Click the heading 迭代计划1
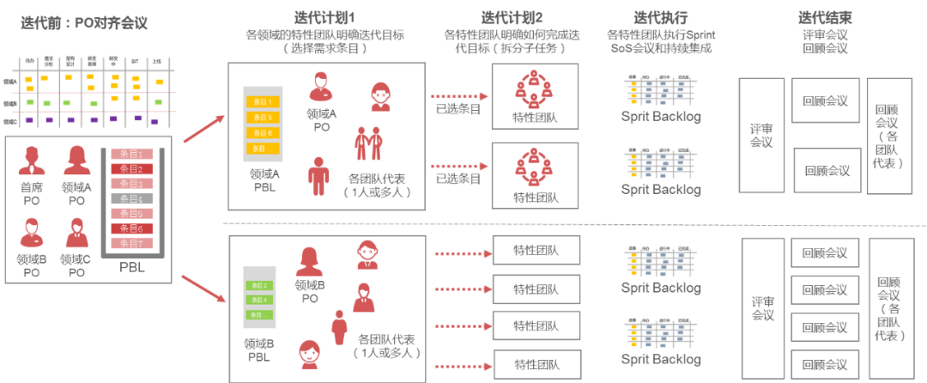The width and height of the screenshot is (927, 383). (325, 16)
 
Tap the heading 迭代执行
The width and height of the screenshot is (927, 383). (660, 16)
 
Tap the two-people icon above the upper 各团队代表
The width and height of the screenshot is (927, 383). (368, 143)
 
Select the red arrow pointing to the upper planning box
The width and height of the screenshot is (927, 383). (203, 130)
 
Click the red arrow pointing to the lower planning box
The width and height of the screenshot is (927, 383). (203, 288)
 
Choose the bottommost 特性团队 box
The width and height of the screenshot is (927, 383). (536, 363)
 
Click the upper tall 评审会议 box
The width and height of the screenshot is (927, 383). (761, 135)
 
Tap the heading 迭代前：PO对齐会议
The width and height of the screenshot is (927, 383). (84, 23)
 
